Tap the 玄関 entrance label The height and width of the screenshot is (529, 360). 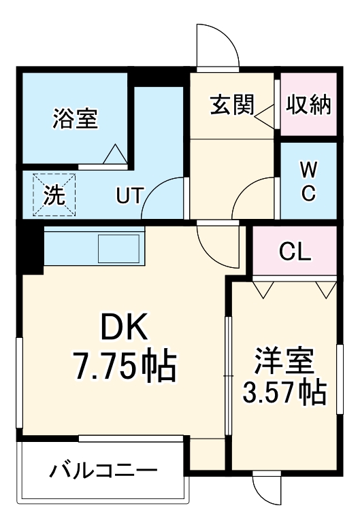click(231, 106)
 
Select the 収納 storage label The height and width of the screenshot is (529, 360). click(308, 105)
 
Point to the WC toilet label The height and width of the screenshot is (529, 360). click(308, 180)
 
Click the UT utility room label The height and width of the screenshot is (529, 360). click(129, 197)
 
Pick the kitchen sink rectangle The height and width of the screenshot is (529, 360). click(119, 249)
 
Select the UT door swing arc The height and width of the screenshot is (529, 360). click(166, 197)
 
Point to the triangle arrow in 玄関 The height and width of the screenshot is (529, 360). click(263, 120)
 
